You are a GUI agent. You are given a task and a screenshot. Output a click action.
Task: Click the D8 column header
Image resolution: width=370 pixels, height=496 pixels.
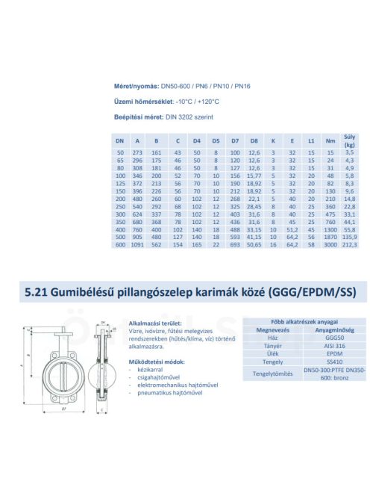(x=254, y=140)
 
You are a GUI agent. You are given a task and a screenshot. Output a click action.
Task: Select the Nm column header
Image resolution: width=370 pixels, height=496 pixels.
(x=330, y=140)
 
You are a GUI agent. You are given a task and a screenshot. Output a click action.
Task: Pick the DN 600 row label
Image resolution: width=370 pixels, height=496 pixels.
(x=119, y=244)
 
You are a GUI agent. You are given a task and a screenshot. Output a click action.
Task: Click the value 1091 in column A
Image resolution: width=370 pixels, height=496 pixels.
(x=137, y=244)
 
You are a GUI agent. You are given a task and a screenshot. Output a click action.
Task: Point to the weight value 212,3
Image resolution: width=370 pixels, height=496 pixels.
(x=349, y=244)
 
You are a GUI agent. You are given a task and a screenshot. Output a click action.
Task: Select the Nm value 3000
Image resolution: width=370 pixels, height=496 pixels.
(x=330, y=244)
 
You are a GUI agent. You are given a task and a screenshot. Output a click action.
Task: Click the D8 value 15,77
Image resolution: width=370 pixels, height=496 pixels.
(x=254, y=176)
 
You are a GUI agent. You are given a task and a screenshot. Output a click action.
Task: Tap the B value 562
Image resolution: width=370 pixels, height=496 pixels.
(x=157, y=244)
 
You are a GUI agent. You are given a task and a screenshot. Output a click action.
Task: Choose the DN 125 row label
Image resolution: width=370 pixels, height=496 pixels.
(x=119, y=182)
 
